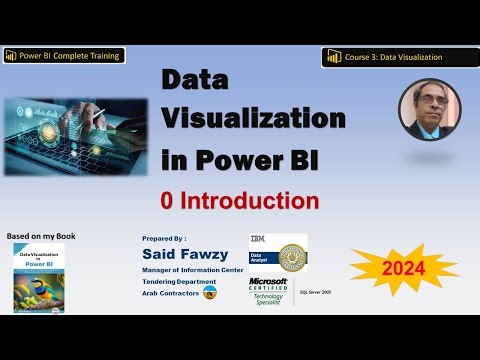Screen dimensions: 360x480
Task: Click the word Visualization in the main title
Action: [253, 118]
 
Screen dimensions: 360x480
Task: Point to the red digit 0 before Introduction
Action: [169, 200]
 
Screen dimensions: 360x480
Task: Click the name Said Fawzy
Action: [187, 255]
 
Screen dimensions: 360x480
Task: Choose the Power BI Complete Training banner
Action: [63, 55]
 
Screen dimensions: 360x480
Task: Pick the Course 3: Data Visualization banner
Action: [385, 57]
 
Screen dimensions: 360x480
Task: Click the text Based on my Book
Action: [41, 236]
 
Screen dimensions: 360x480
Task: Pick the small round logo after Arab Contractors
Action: [210, 293]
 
